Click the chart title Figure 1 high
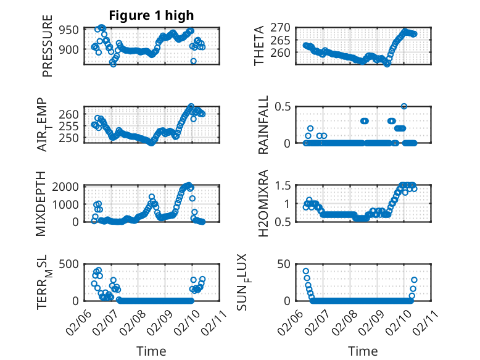point(151,15)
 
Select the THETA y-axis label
point(260,46)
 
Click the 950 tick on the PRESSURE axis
point(68,30)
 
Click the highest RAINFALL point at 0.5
point(404,106)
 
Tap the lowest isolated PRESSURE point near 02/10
point(193,61)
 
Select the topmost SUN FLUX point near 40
point(306,271)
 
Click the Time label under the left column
point(151,351)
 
